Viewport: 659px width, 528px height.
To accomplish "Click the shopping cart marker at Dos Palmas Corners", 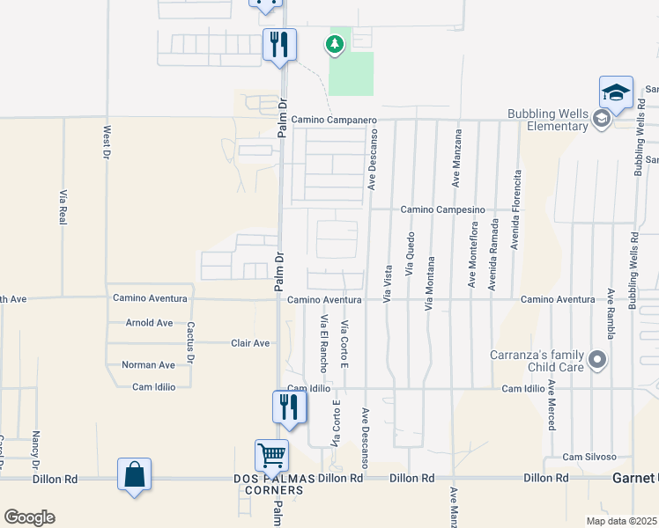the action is (x=271, y=456).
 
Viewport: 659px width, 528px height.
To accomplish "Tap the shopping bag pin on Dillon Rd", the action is (x=134, y=474).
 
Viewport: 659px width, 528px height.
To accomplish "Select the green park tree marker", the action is (x=335, y=43).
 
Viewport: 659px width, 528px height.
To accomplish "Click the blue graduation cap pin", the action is (x=616, y=92).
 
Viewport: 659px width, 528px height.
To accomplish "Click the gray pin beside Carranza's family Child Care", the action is (x=597, y=360).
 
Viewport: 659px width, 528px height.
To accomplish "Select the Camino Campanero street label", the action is (x=334, y=120).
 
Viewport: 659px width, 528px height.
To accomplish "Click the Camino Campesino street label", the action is (x=443, y=209).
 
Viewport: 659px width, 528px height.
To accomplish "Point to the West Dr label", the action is (x=107, y=142).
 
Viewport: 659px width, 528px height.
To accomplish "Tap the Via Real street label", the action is (x=63, y=206).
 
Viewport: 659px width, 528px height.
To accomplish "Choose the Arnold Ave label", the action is (x=149, y=323).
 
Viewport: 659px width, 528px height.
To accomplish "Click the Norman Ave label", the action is (x=148, y=364).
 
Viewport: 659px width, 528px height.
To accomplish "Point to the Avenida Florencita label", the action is (x=517, y=207).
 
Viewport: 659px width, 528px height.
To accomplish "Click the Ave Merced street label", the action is (x=552, y=405).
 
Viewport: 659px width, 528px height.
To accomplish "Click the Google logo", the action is (x=29, y=517).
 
